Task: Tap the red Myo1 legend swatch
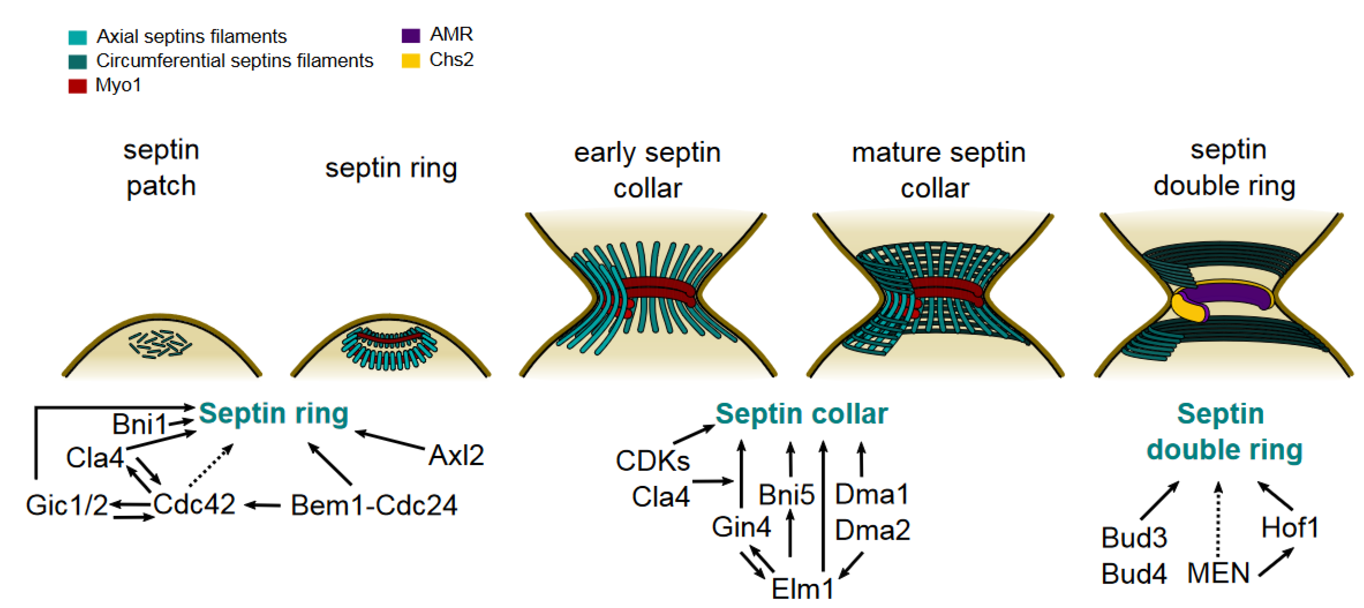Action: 77,86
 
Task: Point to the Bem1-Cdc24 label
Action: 374,505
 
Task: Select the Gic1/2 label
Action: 67,505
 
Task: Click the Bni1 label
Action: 139,424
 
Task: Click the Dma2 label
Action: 872,530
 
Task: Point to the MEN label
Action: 1218,574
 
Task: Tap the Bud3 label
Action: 1134,538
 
